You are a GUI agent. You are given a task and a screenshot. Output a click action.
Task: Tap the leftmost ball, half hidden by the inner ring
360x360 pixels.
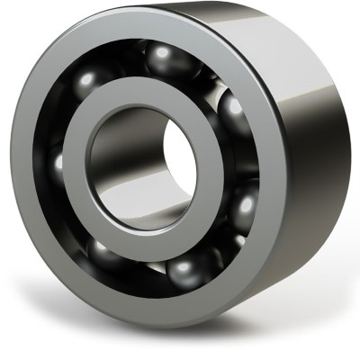pos(61,166)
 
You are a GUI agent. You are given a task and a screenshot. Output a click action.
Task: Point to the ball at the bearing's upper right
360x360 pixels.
pos(233,114)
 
